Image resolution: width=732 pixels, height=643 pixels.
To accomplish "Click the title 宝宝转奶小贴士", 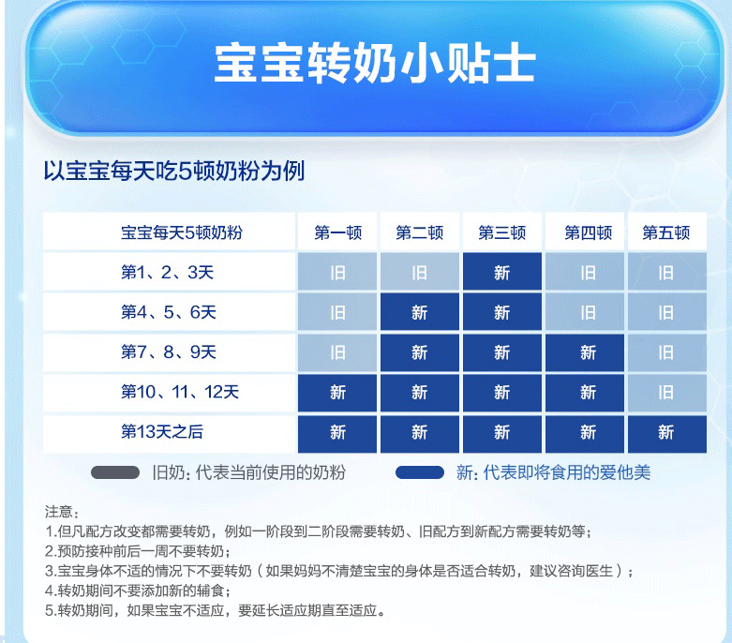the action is click(x=375, y=64).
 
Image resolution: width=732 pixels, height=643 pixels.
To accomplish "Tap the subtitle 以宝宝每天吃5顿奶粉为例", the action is click(x=174, y=171).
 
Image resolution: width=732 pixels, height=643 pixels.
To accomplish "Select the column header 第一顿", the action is click(x=337, y=232).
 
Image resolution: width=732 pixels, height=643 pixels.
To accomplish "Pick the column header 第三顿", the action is click(x=502, y=232).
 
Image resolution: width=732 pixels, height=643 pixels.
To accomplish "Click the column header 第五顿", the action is click(x=666, y=232).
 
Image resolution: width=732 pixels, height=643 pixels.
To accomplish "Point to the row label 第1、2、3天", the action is click(x=167, y=272).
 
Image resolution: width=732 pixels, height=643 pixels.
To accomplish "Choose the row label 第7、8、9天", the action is click(x=169, y=352).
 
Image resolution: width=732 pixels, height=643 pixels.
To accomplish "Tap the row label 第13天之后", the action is click(x=162, y=432).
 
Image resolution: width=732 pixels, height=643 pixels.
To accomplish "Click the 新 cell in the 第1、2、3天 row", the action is click(x=502, y=272).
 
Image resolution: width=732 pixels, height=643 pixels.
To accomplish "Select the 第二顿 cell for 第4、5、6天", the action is click(x=420, y=312).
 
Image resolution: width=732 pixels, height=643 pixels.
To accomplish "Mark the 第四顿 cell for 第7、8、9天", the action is click(x=585, y=352).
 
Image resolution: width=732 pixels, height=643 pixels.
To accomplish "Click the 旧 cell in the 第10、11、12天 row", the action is click(x=666, y=392).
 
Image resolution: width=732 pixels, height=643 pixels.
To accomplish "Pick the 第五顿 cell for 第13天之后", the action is click(x=666, y=433).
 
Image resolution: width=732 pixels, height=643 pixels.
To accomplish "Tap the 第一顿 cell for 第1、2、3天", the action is click(x=337, y=272).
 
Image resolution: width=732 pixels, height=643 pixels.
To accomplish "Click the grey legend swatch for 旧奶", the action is click(x=115, y=472).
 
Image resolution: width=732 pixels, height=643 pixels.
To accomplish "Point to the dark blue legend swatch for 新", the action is click(x=420, y=472).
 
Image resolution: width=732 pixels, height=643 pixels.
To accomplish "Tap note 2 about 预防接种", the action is click(x=138, y=551).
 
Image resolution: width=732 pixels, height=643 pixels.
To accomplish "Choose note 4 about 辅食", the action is click(x=138, y=591).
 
